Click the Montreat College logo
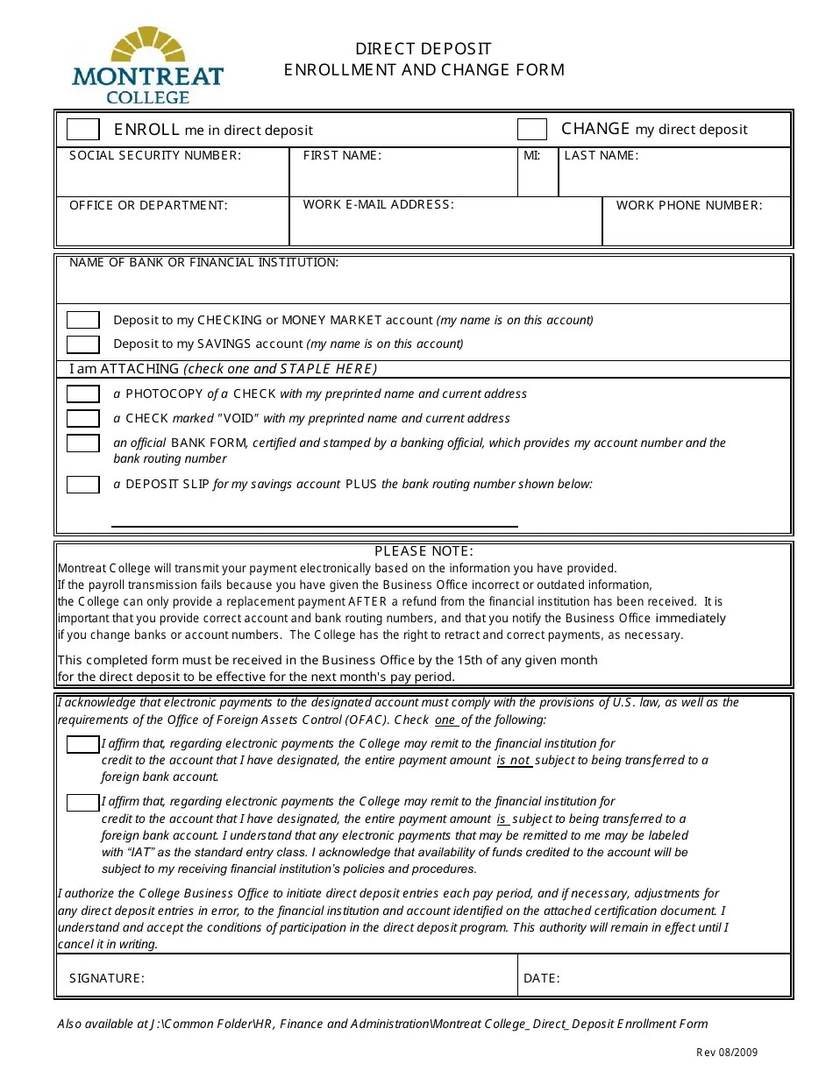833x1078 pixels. [x=147, y=66]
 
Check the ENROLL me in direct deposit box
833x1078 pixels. [x=83, y=130]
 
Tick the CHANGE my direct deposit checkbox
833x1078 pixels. [x=532, y=130]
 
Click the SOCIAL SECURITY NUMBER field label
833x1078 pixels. [x=154, y=156]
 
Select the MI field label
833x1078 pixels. [x=531, y=156]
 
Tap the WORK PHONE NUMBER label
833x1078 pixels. [x=689, y=206]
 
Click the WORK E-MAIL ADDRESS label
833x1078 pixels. [x=378, y=205]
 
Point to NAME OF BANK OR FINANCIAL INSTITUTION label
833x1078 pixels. [x=203, y=262]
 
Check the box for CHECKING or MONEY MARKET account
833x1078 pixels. [x=83, y=320]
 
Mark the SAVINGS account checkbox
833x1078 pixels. [x=83, y=344]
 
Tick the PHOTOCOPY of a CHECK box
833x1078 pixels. [x=83, y=394]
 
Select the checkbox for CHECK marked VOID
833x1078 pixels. [x=83, y=418]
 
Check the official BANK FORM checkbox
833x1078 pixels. [x=83, y=443]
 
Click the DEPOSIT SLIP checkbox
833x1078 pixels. [x=83, y=484]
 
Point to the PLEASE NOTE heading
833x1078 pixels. [x=424, y=551]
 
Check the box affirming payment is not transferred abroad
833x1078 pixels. [x=83, y=744]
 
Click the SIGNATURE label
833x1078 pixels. [x=106, y=978]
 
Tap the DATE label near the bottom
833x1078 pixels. [x=541, y=978]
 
